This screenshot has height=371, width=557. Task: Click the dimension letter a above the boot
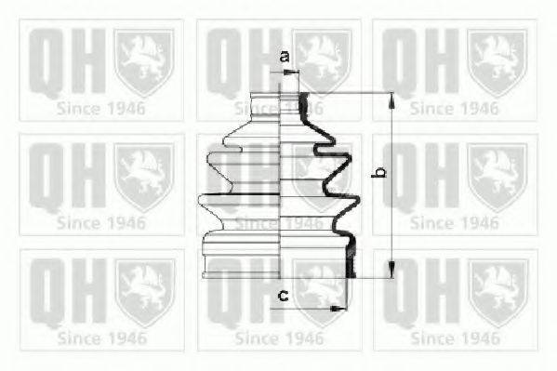click(x=285, y=58)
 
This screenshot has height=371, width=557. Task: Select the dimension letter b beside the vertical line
click(x=378, y=173)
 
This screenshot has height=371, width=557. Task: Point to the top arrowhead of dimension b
click(x=391, y=99)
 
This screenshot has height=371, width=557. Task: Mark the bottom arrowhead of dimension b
click(x=391, y=272)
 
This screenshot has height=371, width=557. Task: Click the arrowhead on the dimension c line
click(x=338, y=307)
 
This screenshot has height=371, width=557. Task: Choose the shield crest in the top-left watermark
click(x=143, y=61)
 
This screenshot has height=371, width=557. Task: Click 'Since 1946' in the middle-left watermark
click(x=100, y=222)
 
